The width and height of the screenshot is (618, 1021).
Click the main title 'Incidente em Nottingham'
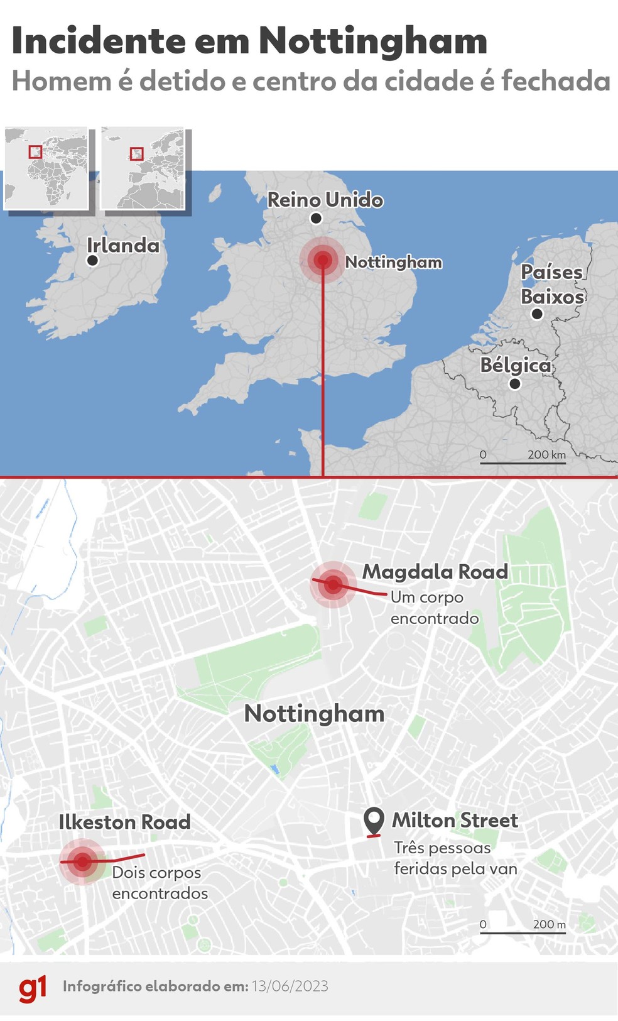(249, 41)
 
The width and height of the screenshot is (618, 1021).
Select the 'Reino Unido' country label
(325, 200)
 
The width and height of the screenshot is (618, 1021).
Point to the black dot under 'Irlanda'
(93, 260)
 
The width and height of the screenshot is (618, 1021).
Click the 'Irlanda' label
(123, 245)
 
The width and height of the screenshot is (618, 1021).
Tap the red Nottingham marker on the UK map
(323, 259)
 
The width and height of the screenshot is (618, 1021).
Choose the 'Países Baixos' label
(553, 284)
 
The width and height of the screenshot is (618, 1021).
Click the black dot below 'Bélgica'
(515, 383)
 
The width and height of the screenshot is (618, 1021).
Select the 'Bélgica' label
(515, 365)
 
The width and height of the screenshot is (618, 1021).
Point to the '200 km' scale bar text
(546, 454)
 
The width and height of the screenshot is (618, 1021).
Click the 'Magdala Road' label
(435, 572)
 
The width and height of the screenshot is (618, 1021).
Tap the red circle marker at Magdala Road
(333, 585)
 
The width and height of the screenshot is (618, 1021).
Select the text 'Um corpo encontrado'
(434, 608)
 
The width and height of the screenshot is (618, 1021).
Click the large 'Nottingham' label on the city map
(314, 714)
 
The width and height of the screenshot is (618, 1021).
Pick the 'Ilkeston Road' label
(124, 822)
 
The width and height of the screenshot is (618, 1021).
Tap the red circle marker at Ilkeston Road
(82, 861)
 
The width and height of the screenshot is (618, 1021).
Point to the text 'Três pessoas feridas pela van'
(455, 858)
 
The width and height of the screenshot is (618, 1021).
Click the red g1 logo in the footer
(33, 988)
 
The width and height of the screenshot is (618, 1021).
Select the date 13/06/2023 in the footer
(290, 986)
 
